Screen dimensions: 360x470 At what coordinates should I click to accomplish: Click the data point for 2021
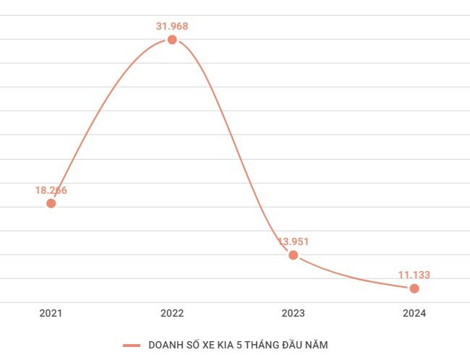point(51,203)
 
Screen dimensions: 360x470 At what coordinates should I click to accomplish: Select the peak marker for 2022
point(172,40)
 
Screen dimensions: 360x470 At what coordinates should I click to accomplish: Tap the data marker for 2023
point(293,255)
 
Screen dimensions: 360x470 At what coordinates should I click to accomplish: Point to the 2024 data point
point(414,288)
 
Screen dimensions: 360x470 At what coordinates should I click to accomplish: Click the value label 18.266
point(51,190)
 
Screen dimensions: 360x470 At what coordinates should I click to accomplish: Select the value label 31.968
point(172,27)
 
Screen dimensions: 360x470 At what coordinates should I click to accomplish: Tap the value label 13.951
point(294,241)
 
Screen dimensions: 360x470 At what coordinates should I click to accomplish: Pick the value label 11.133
point(414,275)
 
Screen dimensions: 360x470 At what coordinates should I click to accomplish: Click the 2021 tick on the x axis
point(51,314)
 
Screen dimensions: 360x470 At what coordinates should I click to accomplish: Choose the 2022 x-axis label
point(172,314)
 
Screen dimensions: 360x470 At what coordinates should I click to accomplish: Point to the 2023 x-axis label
point(294,314)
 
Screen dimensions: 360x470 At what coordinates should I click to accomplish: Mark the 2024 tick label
point(414,314)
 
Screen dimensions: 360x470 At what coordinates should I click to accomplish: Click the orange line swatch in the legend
point(132,346)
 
